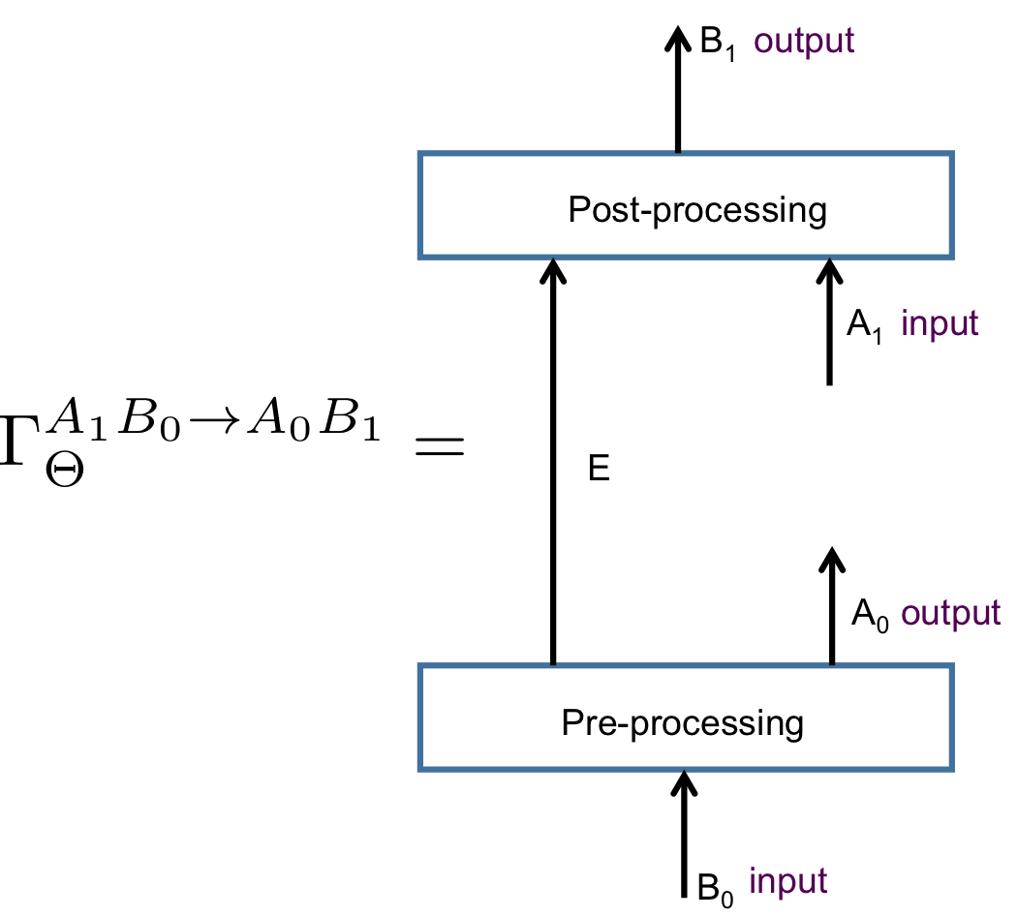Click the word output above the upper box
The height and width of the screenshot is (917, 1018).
(x=804, y=42)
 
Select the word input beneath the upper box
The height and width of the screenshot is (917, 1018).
(x=940, y=323)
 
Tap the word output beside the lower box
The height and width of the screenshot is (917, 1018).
(x=950, y=613)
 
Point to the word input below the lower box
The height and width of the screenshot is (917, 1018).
(x=787, y=881)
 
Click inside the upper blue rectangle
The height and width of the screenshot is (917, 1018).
(x=686, y=205)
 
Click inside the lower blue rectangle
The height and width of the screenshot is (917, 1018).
(x=686, y=718)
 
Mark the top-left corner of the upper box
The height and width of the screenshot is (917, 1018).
(x=420, y=154)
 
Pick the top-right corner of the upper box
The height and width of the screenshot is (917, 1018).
(x=952, y=154)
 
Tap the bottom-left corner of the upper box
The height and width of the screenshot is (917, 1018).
(x=420, y=257)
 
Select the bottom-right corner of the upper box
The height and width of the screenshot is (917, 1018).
(x=952, y=257)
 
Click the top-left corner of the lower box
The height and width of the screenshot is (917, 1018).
(x=420, y=666)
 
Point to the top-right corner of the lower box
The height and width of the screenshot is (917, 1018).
(x=952, y=666)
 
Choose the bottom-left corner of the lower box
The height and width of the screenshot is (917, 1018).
(x=420, y=769)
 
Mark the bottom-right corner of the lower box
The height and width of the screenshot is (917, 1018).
(x=952, y=769)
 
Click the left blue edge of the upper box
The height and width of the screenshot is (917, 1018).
(x=420, y=205)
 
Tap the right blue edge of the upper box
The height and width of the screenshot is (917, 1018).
(x=952, y=205)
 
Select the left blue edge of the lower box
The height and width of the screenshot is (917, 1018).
(x=420, y=718)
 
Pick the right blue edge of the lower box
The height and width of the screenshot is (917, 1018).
(x=952, y=718)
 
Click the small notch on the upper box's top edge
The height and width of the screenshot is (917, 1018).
(x=678, y=152)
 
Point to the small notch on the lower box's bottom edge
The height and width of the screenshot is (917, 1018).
(x=685, y=771)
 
